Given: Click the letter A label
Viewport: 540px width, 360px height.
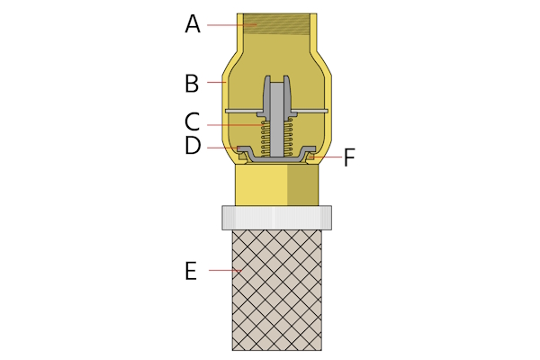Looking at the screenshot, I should click(192, 24).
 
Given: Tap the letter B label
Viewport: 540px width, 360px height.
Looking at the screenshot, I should click(192, 84).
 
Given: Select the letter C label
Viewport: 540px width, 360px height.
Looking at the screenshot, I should click(192, 121).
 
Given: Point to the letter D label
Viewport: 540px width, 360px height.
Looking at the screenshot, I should click(192, 146).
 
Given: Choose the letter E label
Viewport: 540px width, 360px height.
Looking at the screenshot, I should click(191, 270).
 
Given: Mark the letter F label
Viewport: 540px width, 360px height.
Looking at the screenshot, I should click(349, 158).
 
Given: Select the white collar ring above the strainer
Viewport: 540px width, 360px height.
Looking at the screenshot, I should click(276, 217).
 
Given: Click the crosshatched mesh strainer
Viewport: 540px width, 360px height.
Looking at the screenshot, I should click(276, 288).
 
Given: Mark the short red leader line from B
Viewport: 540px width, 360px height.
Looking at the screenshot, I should click(216, 83).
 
